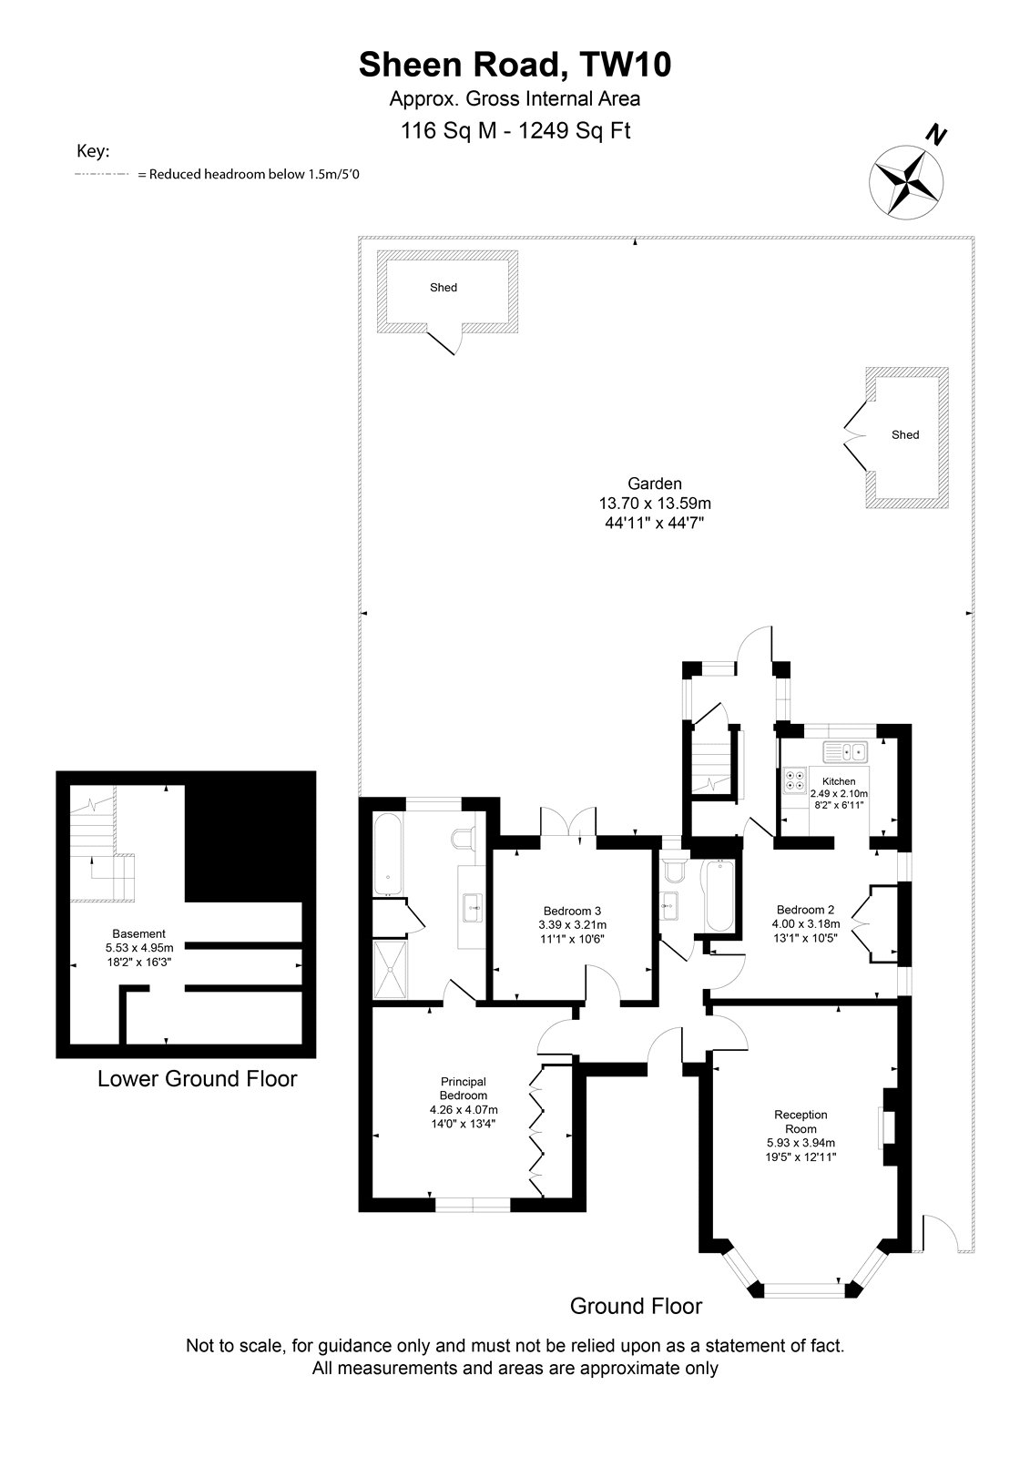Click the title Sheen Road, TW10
click(x=515, y=65)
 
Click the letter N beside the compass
click(x=936, y=136)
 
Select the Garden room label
click(x=655, y=484)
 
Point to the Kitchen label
click(x=839, y=781)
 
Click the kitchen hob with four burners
click(x=795, y=779)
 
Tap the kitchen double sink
click(x=845, y=752)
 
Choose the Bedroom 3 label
click(x=572, y=911)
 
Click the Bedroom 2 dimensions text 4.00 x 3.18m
click(x=806, y=923)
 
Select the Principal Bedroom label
click(x=464, y=1088)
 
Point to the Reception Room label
click(x=801, y=1121)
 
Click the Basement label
click(x=138, y=933)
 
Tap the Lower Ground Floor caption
click(x=197, y=1078)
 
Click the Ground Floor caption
click(x=636, y=1306)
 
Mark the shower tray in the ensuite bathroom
click(x=391, y=969)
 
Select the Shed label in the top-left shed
click(x=444, y=288)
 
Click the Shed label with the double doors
click(x=905, y=434)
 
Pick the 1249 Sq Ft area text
click(x=575, y=131)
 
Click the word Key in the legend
click(x=93, y=151)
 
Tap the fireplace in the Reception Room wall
click(x=889, y=1127)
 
